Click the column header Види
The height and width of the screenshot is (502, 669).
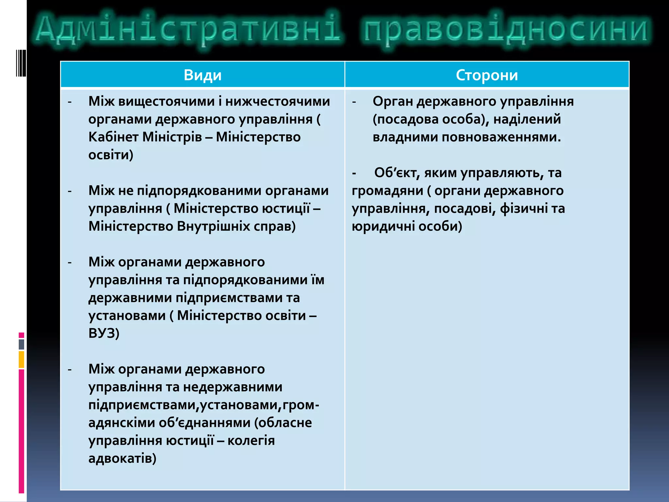[x=203, y=75]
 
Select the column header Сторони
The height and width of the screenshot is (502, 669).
[x=487, y=75]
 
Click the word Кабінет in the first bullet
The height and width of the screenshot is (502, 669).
[x=113, y=137]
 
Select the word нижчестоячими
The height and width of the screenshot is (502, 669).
[x=278, y=101]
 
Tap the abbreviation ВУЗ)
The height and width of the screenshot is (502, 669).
[x=104, y=333]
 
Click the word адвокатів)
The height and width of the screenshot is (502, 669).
[x=122, y=458]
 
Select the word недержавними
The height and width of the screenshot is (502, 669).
[x=233, y=387]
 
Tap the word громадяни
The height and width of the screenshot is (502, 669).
[x=387, y=191]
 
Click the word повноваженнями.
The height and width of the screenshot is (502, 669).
[x=501, y=137]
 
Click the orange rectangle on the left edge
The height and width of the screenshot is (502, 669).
[x=22, y=360]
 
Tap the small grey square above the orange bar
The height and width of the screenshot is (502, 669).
[x=22, y=344]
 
